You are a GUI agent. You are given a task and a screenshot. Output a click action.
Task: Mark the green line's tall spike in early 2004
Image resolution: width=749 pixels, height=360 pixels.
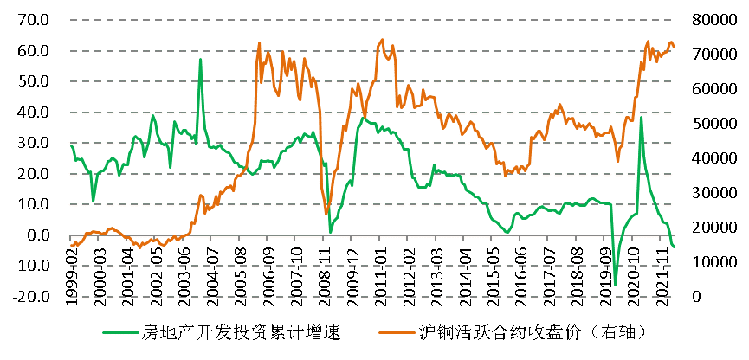(x=201, y=60)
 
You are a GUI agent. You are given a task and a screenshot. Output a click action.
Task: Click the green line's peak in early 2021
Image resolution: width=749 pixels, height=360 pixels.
(x=641, y=118)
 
